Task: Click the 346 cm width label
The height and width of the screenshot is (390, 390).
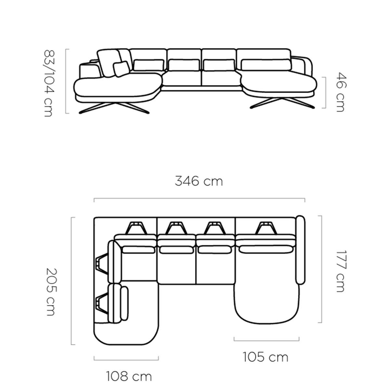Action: (x=199, y=181)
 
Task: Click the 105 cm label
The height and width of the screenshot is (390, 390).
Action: (x=265, y=357)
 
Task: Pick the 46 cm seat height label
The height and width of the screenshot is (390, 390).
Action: (x=341, y=92)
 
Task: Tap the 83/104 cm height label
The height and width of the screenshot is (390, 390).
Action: (x=48, y=83)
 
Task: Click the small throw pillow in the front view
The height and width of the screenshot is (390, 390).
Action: (x=122, y=69)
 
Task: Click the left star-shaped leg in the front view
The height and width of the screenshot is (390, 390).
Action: (x=114, y=108)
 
